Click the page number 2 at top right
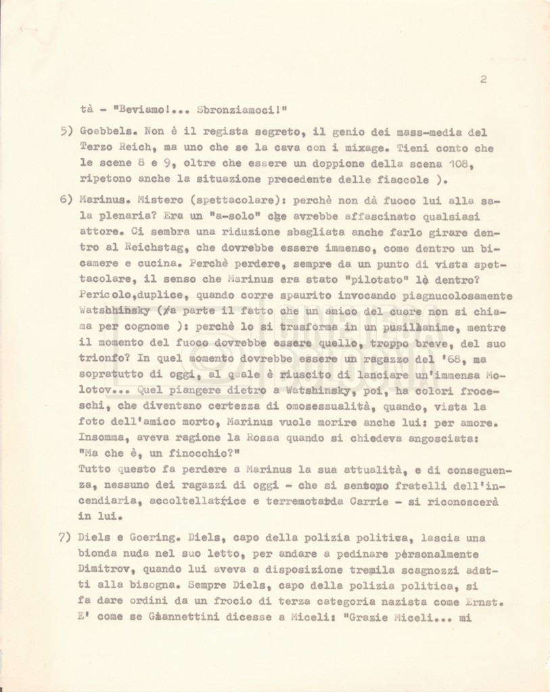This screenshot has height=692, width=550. tap(484, 79)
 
